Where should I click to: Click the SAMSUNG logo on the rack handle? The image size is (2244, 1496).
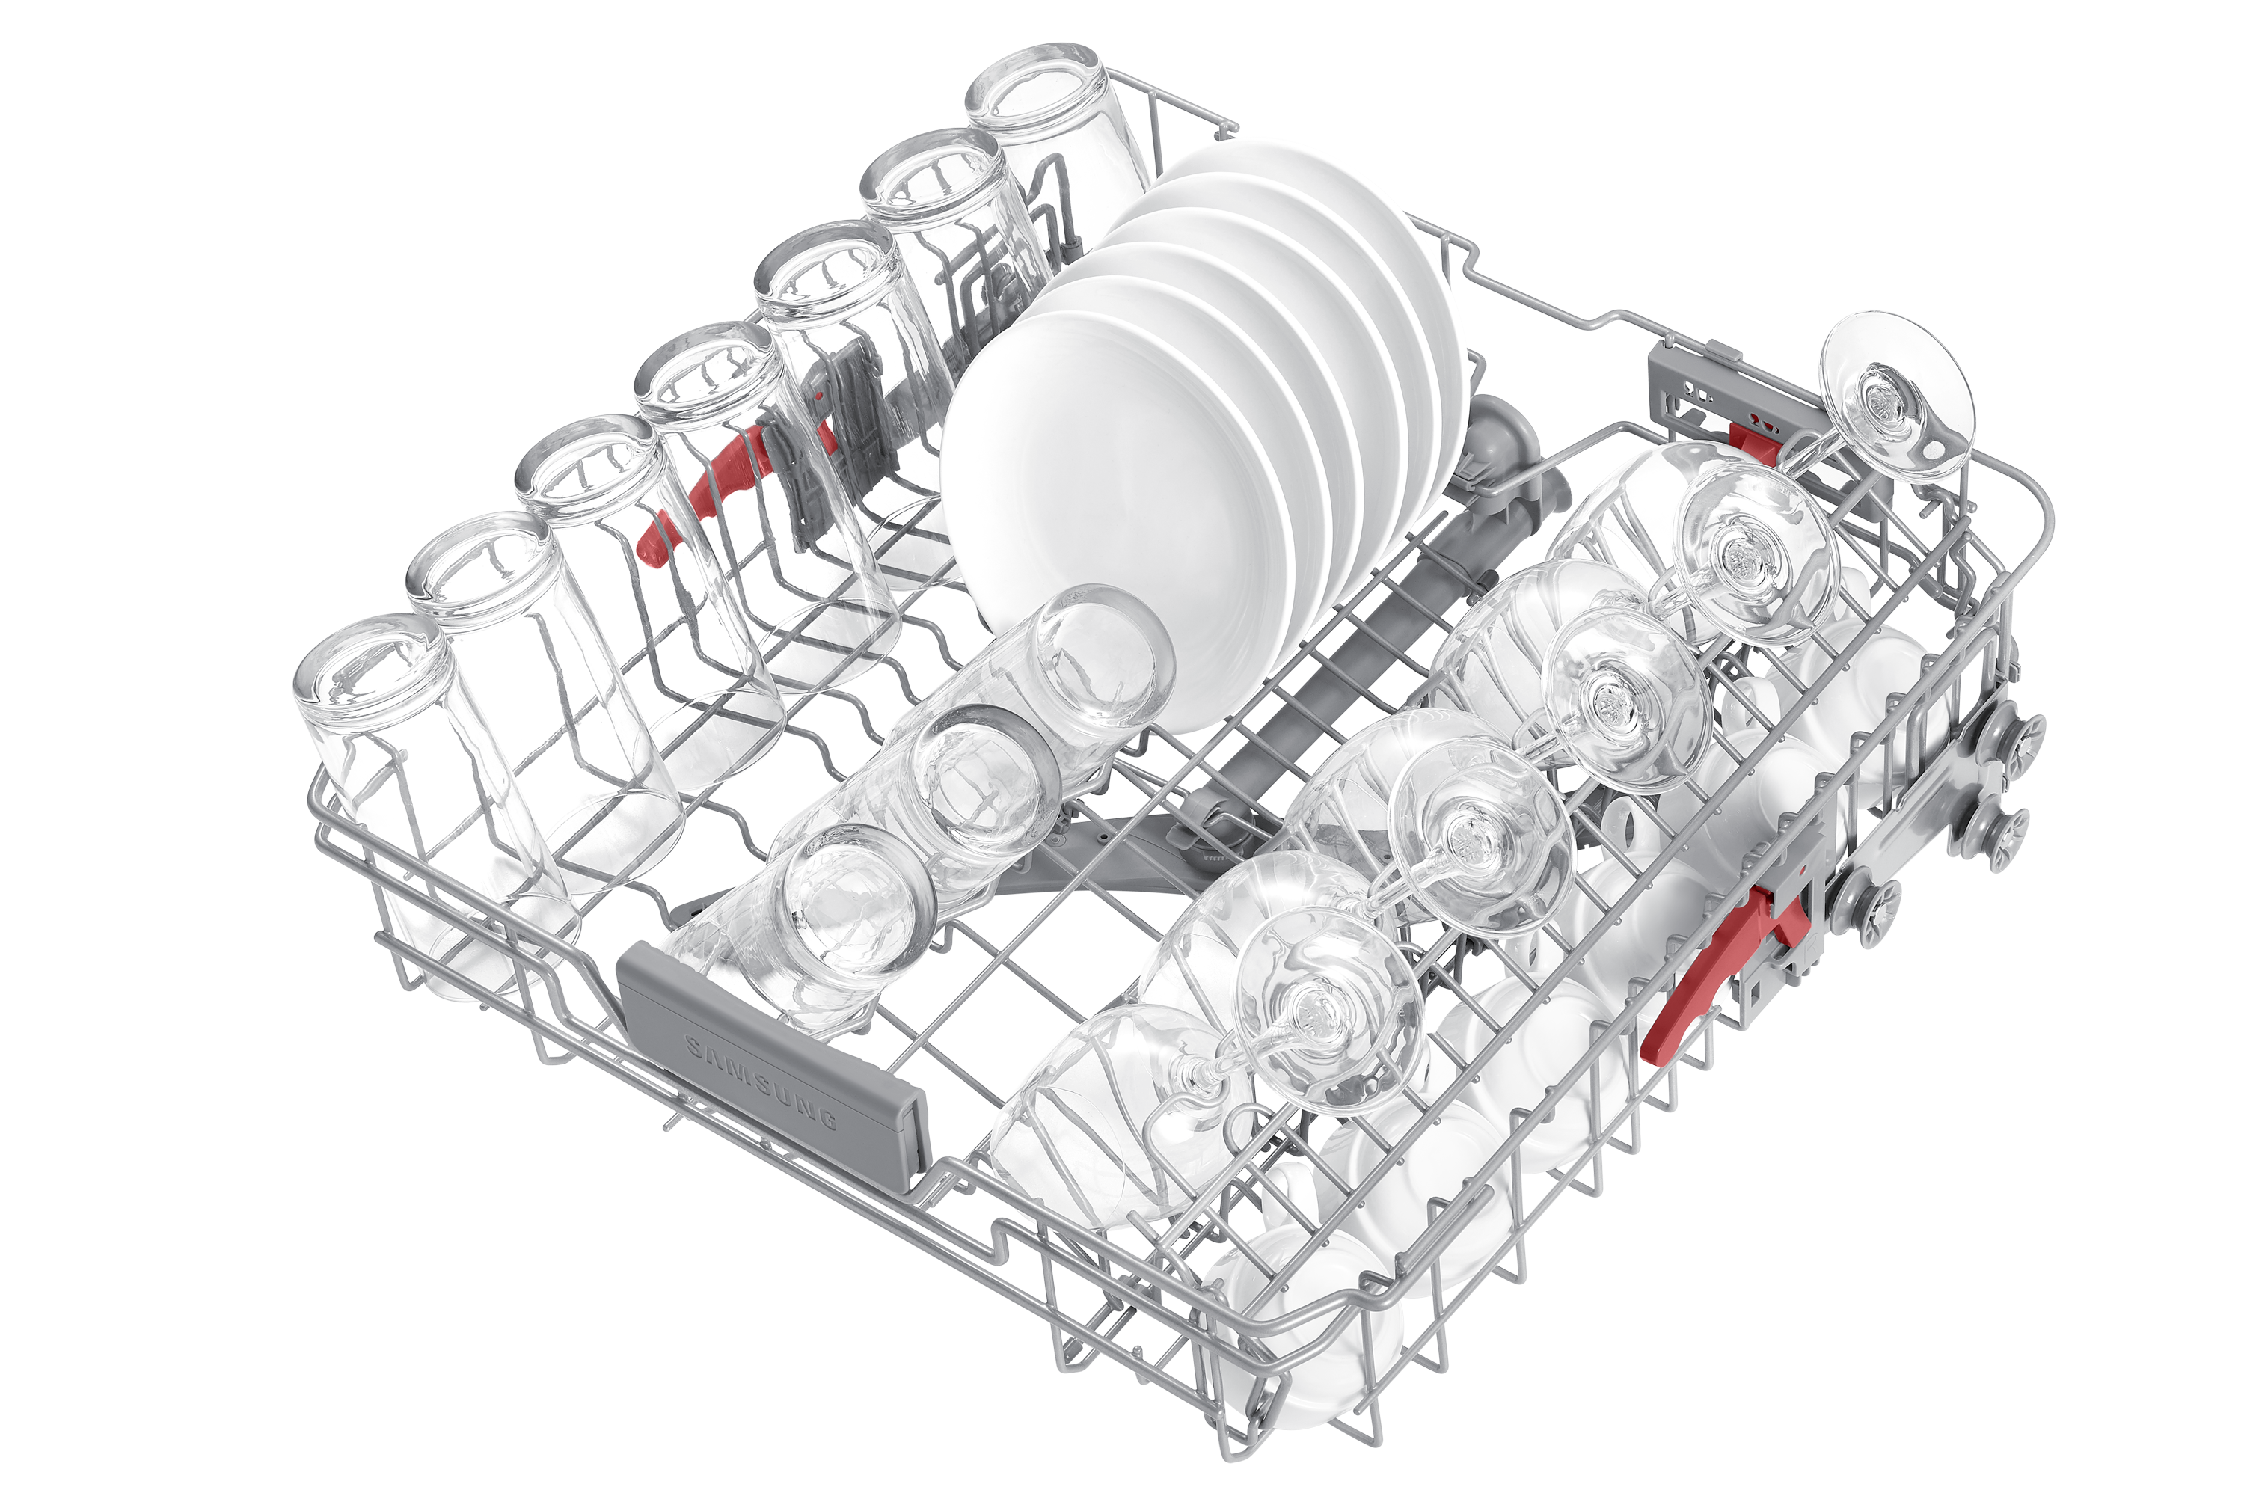point(761,1081)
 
